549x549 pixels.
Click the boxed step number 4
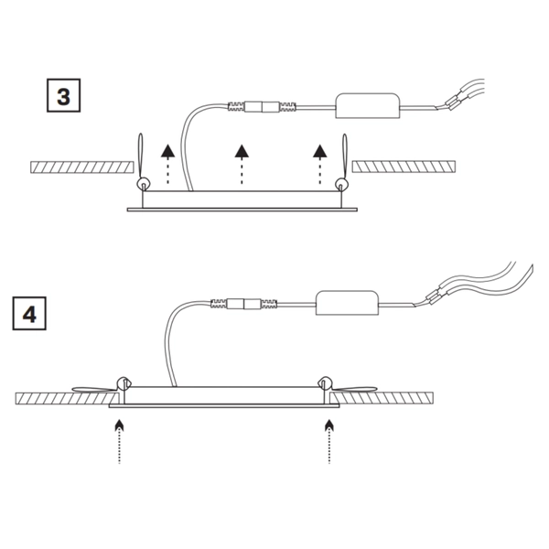[x=29, y=314]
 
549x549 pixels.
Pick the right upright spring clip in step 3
[x=345, y=160]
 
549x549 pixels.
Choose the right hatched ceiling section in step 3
[x=404, y=167]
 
